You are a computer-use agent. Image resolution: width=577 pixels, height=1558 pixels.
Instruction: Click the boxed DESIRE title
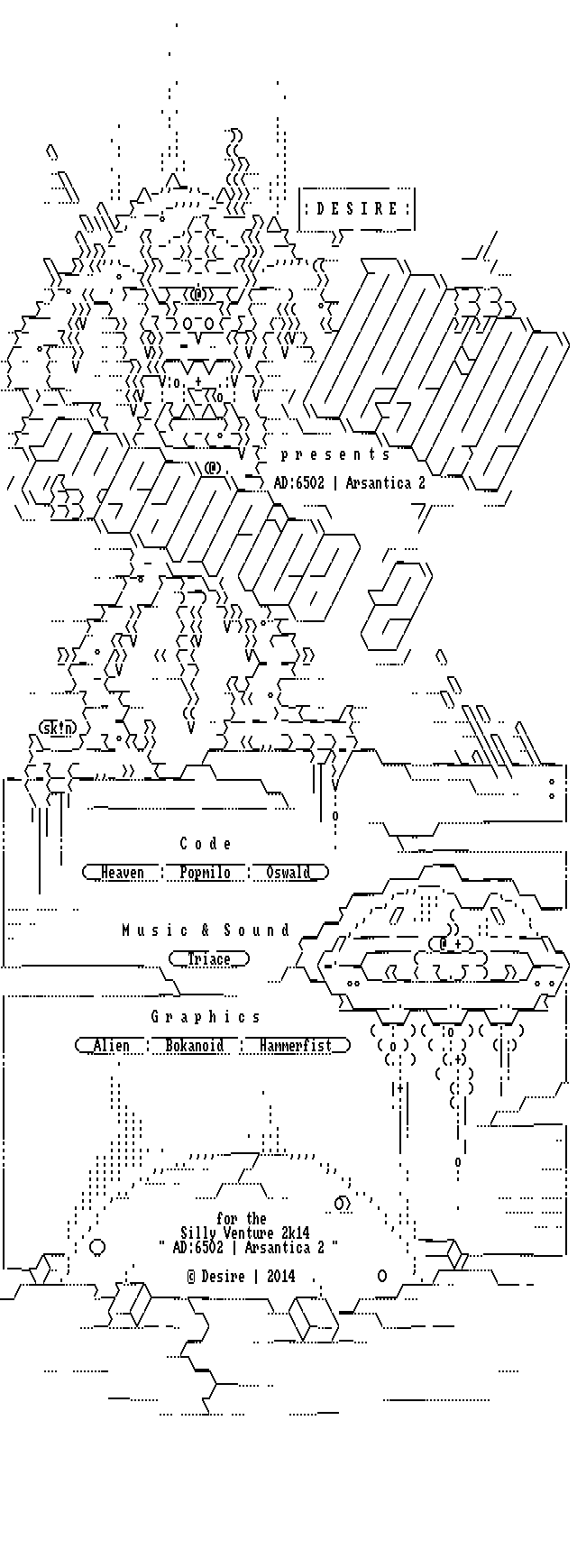point(357,209)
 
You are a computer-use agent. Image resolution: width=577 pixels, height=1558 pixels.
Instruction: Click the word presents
point(335,454)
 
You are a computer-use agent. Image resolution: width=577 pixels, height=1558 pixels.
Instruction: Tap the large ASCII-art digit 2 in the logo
point(398,606)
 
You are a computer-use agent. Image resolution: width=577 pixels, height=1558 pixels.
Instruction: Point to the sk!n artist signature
point(57,728)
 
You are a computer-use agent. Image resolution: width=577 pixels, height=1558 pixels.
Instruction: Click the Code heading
point(206,844)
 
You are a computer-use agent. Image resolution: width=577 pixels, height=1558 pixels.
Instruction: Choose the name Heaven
point(122,873)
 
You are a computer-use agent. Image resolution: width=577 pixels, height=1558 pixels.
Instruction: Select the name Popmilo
point(205,873)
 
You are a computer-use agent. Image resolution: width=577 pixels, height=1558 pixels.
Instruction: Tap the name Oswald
point(288,873)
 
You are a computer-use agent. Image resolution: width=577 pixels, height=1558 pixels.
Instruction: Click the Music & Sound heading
point(206,930)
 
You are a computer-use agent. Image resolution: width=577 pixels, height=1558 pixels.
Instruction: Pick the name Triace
point(208,959)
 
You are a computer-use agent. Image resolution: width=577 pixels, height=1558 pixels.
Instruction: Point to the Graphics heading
point(206,1017)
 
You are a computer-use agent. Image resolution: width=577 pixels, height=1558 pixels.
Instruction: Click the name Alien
point(111,1046)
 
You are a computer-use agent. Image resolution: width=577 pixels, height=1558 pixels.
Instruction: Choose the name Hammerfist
point(295,1046)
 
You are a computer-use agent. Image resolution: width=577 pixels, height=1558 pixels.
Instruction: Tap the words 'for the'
point(242,1219)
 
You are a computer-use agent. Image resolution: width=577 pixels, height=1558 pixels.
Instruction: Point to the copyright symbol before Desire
point(191,1277)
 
